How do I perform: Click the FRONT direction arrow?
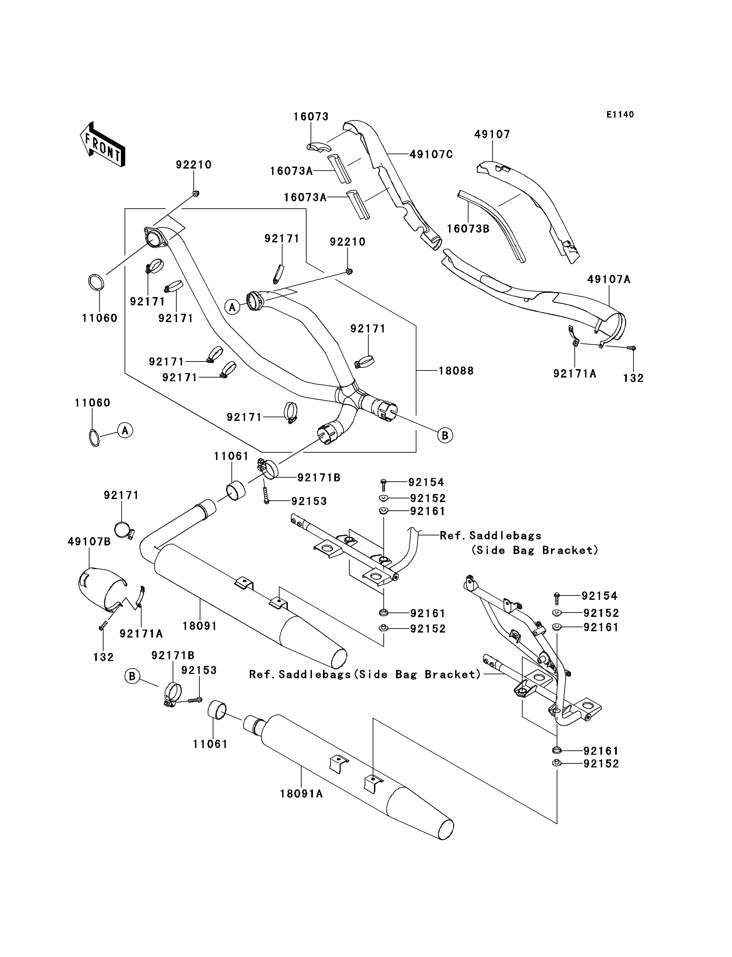click(103, 144)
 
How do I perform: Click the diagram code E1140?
click(620, 114)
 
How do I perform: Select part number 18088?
click(456, 371)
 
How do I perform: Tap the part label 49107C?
click(431, 154)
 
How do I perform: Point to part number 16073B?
click(469, 229)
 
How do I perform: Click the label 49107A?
click(609, 279)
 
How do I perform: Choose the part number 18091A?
click(301, 794)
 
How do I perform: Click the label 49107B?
click(89, 541)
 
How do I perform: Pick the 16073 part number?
click(311, 117)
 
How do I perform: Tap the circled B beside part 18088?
click(445, 435)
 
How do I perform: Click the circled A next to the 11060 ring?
click(125, 430)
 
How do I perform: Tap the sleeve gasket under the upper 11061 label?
click(235, 491)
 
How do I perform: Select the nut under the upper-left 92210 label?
click(196, 193)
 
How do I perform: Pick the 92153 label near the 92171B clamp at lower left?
click(199, 670)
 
